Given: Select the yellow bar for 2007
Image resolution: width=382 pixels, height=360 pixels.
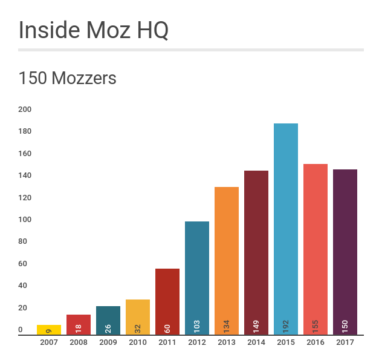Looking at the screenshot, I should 49,330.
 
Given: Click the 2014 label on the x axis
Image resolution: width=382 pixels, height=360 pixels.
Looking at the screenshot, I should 256,342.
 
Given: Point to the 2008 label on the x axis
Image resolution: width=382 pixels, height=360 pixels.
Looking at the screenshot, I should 79,342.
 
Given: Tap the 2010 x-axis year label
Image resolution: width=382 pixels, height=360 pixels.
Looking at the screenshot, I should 138,342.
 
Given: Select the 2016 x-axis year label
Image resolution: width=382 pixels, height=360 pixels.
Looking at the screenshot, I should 316,342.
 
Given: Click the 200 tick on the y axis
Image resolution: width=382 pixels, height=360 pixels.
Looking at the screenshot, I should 25,110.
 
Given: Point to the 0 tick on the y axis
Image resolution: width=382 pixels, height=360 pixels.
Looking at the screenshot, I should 21,330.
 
